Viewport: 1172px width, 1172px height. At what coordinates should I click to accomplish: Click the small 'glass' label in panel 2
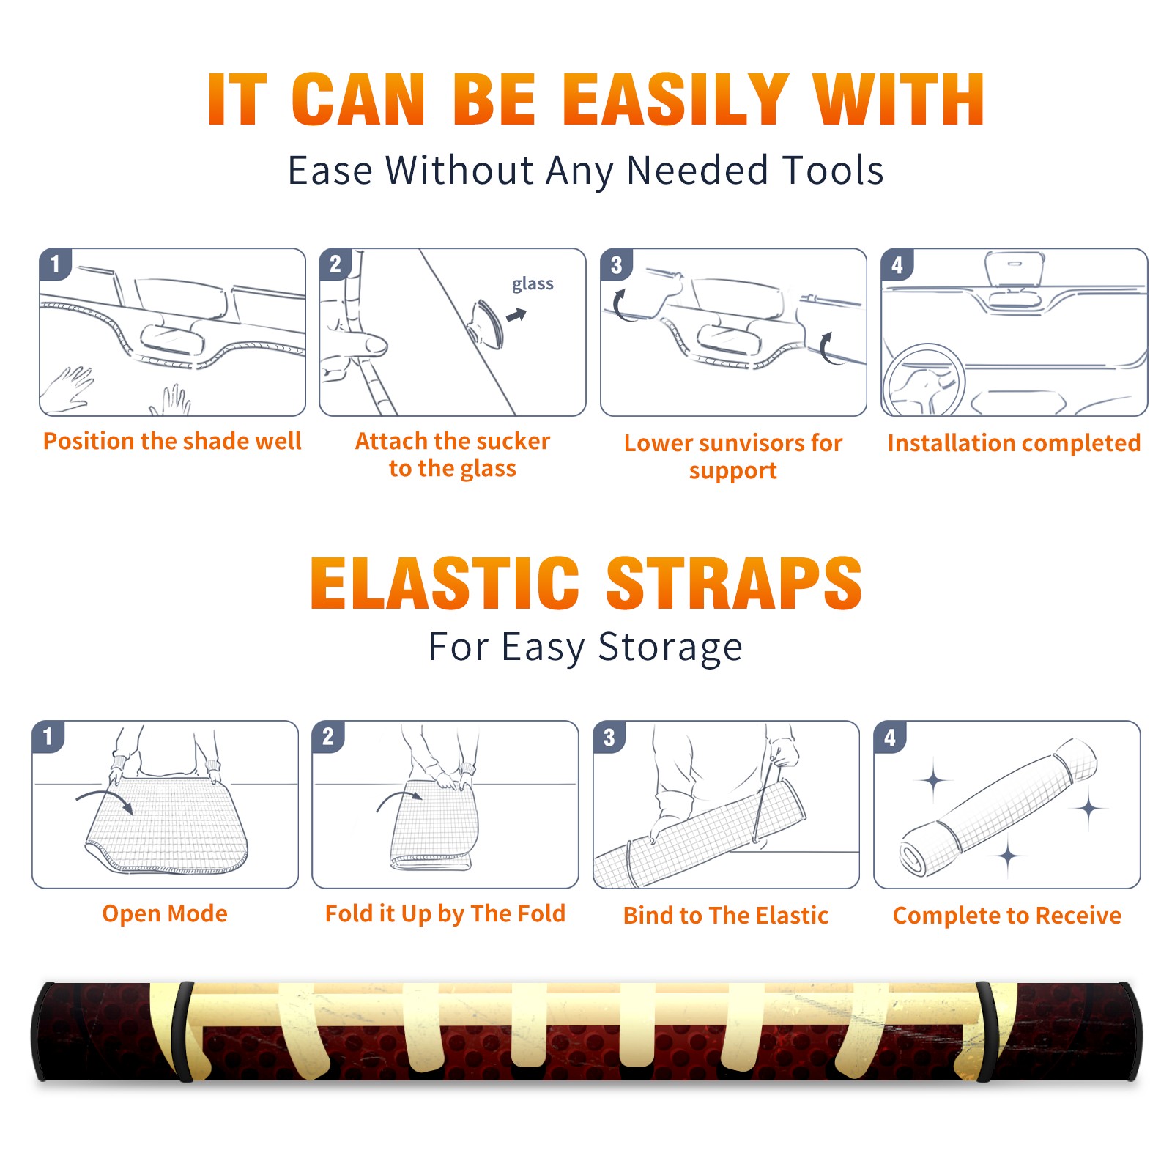click(533, 284)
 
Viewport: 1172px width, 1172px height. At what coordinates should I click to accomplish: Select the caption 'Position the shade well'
click(172, 441)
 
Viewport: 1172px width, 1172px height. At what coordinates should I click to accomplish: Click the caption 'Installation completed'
click(1014, 443)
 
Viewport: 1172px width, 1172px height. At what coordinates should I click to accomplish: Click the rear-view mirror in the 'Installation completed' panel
click(1015, 270)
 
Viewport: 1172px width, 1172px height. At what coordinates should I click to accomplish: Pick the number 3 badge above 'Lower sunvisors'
click(616, 264)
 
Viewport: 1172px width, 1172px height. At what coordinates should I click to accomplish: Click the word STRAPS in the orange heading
click(734, 583)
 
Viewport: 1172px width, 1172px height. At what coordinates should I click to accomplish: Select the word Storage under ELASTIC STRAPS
click(670, 648)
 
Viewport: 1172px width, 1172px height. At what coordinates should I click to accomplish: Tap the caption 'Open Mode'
click(165, 913)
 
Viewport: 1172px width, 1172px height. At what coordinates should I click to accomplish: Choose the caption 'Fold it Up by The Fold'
click(445, 913)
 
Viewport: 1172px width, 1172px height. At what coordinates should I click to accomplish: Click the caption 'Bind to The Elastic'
click(726, 916)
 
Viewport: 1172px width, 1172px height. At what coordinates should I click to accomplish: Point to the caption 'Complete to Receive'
click(1007, 916)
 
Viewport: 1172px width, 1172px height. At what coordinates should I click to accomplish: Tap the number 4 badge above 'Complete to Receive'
click(890, 737)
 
